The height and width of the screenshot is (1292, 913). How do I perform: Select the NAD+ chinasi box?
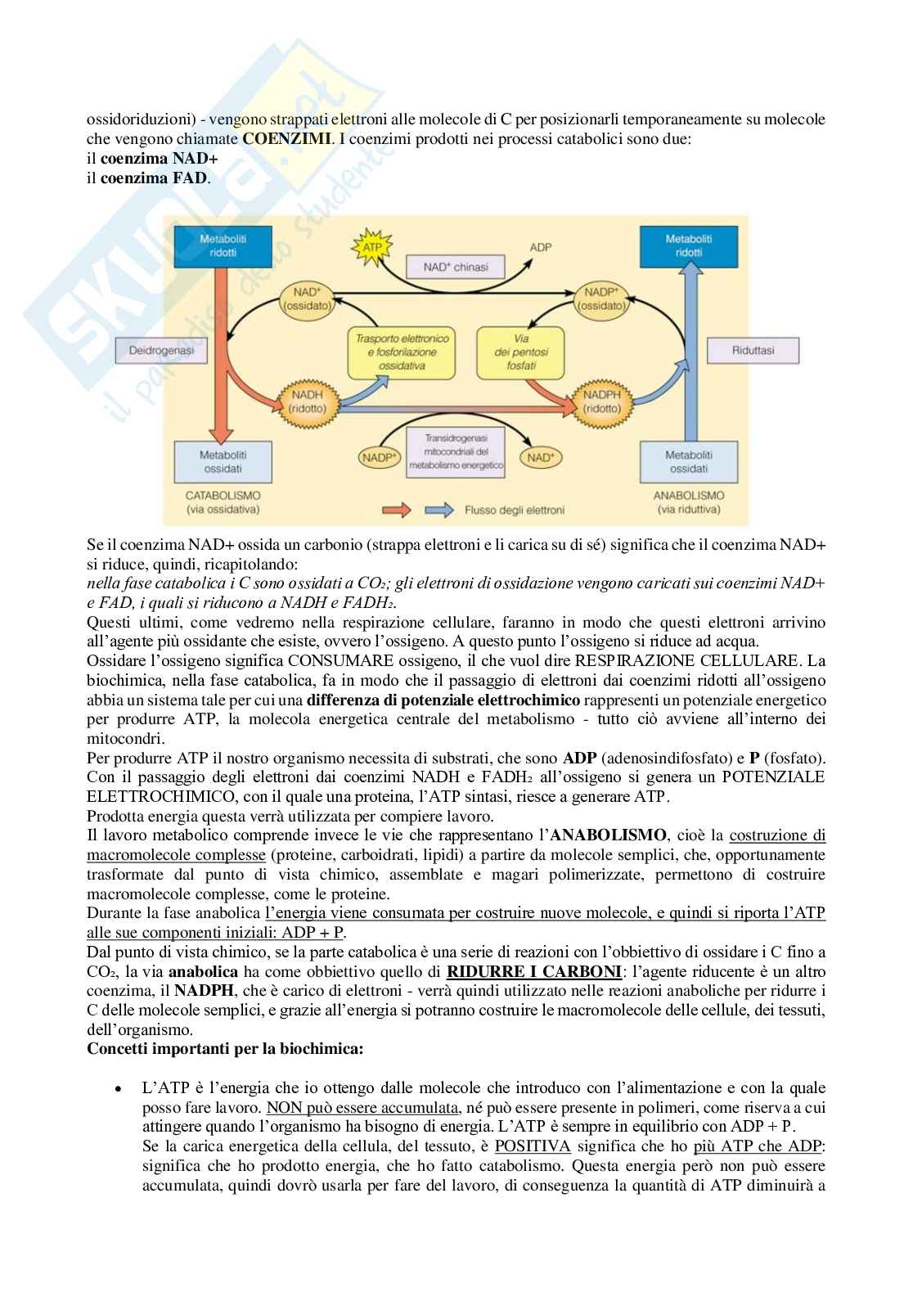click(x=456, y=267)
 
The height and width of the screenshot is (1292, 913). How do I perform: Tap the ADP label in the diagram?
click(x=540, y=245)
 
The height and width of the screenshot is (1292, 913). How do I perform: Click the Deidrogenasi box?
click(x=160, y=351)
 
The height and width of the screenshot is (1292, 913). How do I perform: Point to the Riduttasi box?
click(x=753, y=351)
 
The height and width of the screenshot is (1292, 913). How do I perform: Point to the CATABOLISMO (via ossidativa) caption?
click(x=223, y=502)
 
